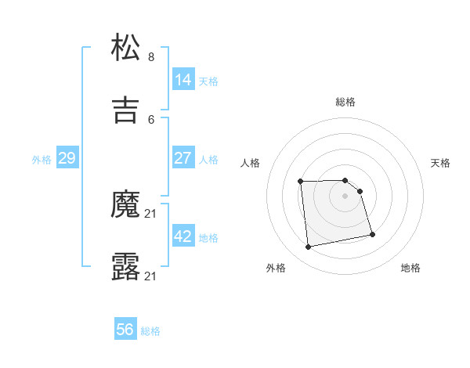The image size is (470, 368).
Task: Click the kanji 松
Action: coord(126,49)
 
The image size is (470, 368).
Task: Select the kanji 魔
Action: coord(126,206)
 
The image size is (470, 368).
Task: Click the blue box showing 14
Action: coord(183,80)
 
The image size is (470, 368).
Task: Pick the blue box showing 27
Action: coord(183,158)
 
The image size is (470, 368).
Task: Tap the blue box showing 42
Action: coord(183,236)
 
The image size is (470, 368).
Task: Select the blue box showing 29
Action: coord(67,158)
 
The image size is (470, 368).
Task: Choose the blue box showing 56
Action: coord(125,330)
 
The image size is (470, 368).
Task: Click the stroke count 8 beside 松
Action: coord(151,56)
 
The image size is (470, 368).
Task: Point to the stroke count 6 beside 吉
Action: coord(151,119)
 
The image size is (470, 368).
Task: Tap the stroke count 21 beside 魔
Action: coord(151,213)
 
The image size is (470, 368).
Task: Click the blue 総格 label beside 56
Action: coord(150,331)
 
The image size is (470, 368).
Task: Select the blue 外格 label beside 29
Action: coord(42,159)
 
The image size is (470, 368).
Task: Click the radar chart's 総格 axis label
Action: coord(345,102)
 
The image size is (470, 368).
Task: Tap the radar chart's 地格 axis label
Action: coord(410,269)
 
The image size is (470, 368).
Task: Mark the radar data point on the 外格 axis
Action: coord(309,247)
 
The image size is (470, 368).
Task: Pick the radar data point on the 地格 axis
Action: coord(372,233)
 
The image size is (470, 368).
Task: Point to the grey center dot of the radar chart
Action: coord(345,196)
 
